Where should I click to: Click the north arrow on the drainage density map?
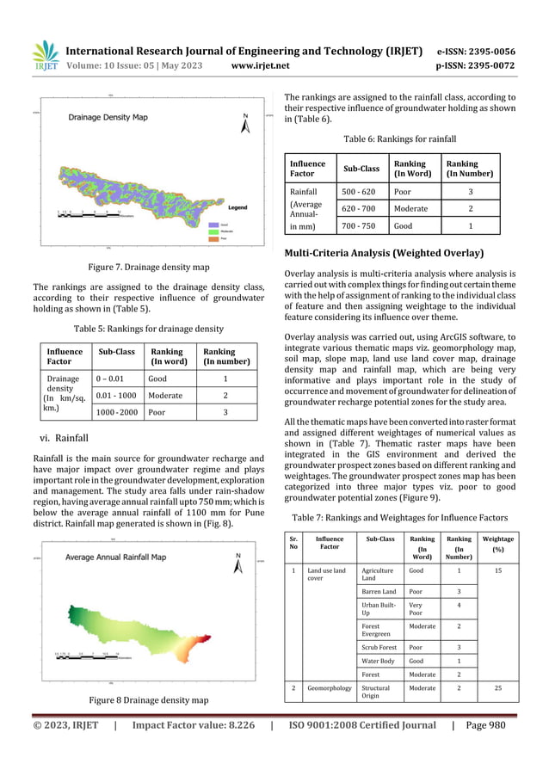[x=245, y=124]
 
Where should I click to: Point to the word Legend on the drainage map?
[x=237, y=207]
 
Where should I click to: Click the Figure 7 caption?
[x=140, y=267]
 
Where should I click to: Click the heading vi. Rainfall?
[x=65, y=438]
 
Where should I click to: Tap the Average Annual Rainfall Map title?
[x=116, y=557]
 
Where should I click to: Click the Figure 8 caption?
[x=140, y=699]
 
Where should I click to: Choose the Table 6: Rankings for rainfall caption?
[x=399, y=139]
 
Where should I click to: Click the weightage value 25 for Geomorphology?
[x=497, y=688]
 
